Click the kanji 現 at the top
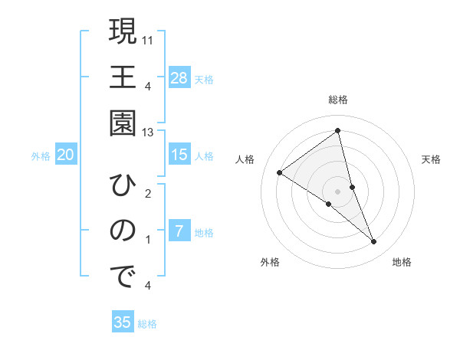coord(122,33)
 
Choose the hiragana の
coord(122,231)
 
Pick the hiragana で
coord(122,277)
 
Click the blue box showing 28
coord(179,77)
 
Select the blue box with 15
coord(179,155)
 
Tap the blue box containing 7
coord(179,231)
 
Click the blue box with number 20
coord(66,155)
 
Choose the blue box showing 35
coord(123,322)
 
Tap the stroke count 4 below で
coord(147,286)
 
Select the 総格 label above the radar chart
coord(338,100)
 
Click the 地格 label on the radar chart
coord(402,262)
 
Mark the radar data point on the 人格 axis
coord(280,172)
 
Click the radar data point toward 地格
coord(374,242)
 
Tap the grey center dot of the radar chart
coord(338,191)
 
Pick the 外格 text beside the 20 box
coord(41,156)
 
